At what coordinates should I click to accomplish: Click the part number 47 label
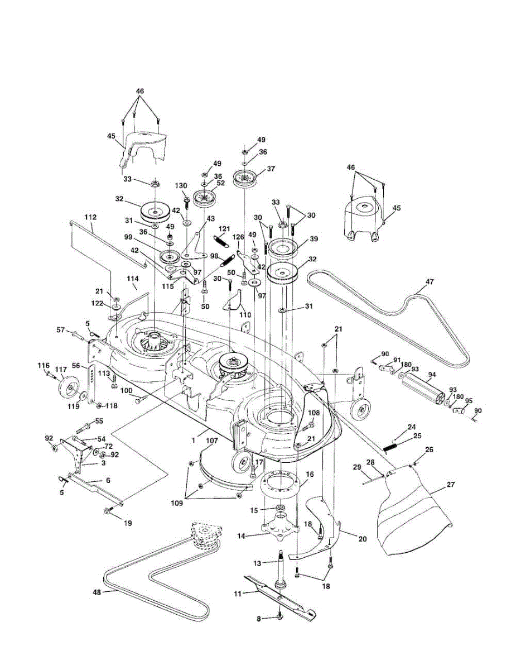click(x=428, y=282)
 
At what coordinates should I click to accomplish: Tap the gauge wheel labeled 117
click(x=70, y=387)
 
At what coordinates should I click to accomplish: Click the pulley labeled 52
click(x=205, y=198)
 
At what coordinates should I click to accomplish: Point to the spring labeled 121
click(x=222, y=241)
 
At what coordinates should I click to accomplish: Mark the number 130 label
click(x=181, y=186)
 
